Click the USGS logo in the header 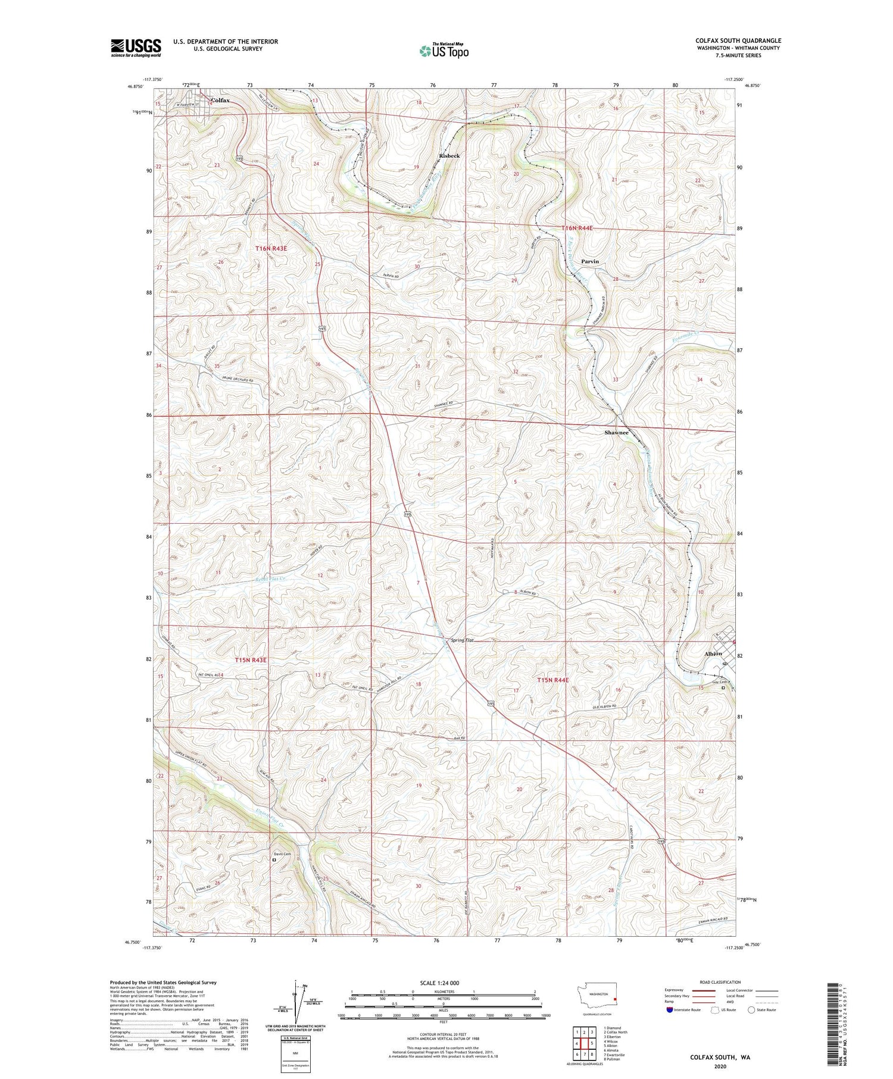click(x=136, y=48)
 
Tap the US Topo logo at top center click(x=444, y=51)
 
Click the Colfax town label click(x=220, y=101)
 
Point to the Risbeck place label click(x=449, y=156)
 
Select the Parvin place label click(x=589, y=262)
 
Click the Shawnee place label click(x=616, y=433)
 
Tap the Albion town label click(x=713, y=653)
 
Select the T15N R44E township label click(x=553, y=680)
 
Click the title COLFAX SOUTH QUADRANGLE click(x=738, y=40)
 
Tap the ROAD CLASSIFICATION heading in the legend click(x=720, y=982)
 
